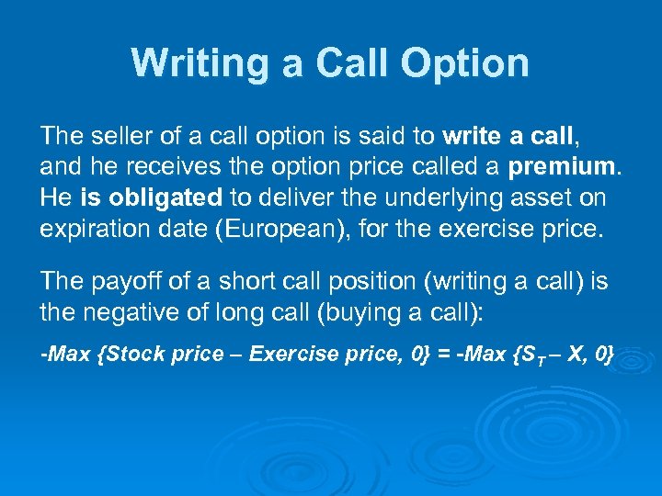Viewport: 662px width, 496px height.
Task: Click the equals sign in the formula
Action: (x=441, y=355)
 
